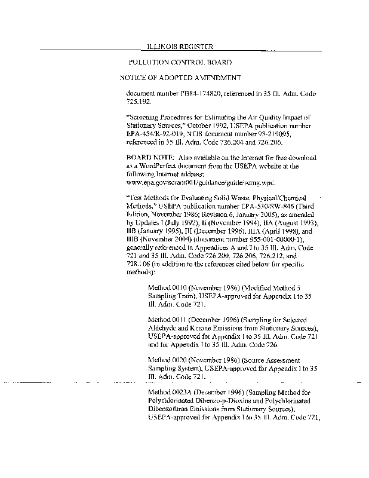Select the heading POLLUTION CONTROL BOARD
click(180, 62)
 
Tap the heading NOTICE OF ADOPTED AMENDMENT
click(180, 78)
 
